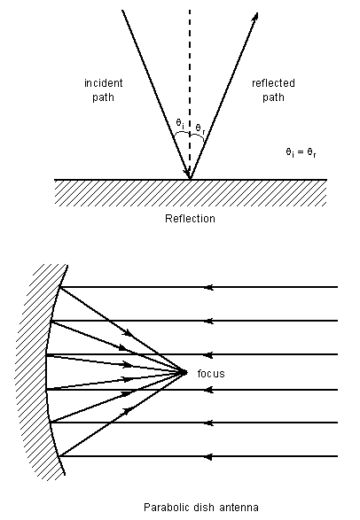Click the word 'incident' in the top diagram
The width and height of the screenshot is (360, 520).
pos(104,82)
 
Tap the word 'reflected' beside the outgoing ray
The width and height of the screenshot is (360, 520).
pos(273,82)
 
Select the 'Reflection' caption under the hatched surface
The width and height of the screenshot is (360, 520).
pos(190,219)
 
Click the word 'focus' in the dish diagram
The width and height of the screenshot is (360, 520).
pos(211,374)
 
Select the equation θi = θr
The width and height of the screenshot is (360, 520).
pos(301,152)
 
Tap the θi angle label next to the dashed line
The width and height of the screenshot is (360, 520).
pos(180,123)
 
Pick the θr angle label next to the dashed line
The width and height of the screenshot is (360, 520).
pos(200,128)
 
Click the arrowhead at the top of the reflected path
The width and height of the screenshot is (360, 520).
pos(255,17)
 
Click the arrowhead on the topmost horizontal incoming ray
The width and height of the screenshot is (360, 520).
pos(208,287)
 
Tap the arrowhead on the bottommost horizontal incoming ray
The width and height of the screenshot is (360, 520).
pos(208,456)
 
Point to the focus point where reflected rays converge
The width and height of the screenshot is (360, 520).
pos(184,372)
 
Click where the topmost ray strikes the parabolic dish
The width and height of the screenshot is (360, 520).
pos(60,287)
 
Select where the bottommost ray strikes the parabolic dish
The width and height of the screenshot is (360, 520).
pos(59,456)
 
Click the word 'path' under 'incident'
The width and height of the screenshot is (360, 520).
pos(103,97)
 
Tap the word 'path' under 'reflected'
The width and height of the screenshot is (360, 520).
pos(273,97)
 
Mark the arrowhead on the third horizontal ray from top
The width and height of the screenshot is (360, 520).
pos(208,355)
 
